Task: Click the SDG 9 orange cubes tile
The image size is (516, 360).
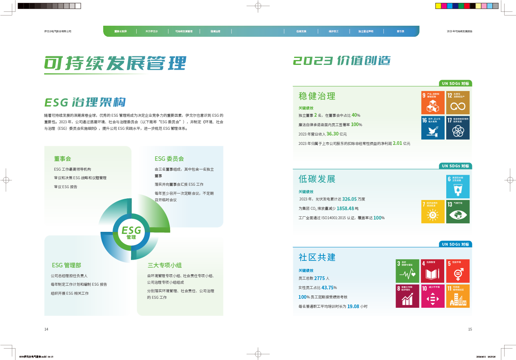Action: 432,102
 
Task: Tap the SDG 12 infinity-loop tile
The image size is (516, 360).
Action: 458,102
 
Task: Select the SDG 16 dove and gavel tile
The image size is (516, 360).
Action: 432,127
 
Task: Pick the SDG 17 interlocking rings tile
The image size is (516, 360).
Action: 458,127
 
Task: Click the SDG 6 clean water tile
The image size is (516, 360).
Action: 458,187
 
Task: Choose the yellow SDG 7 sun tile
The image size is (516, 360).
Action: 432,211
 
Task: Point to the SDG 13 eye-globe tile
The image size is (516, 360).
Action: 458,211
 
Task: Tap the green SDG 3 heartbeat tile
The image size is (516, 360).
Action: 407,271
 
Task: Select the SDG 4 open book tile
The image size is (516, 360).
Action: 432,271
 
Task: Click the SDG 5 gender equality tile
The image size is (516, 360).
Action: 458,271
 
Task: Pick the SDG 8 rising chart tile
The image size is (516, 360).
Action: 407,296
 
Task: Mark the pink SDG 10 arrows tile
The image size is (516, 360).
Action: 432,296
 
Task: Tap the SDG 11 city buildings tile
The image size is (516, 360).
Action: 458,296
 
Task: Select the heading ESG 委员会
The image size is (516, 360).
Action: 169,159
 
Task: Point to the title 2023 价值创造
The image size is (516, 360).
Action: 342,61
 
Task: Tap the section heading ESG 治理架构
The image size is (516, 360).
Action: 85,102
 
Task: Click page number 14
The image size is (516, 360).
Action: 46,329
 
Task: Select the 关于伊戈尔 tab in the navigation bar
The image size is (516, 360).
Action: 151,31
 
